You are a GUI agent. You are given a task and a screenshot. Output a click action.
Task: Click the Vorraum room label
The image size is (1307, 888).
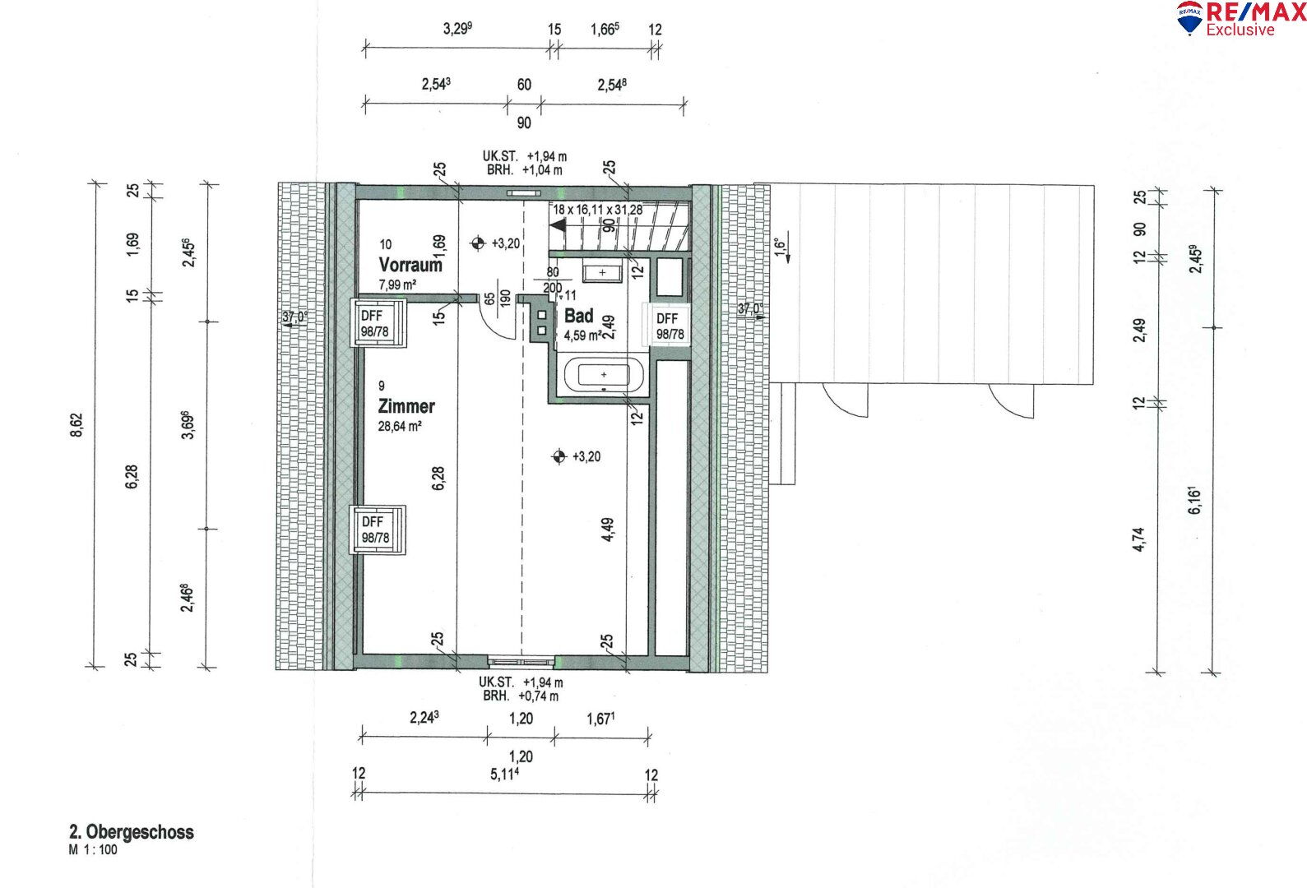click(410, 265)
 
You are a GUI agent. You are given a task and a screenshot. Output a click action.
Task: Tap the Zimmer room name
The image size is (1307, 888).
click(406, 406)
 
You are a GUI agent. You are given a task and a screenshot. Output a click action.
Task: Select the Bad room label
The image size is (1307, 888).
click(578, 316)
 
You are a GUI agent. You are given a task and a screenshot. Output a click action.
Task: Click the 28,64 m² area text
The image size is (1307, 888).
click(400, 427)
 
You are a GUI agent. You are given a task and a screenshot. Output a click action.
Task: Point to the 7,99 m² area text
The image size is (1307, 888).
click(397, 284)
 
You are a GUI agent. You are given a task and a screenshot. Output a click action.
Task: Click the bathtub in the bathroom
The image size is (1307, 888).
click(603, 375)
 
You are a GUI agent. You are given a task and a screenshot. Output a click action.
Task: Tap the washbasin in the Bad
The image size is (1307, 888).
click(601, 272)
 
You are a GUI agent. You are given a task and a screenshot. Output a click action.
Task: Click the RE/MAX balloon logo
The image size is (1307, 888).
click(1189, 17)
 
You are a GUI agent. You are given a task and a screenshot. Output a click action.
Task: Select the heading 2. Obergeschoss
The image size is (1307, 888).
click(132, 831)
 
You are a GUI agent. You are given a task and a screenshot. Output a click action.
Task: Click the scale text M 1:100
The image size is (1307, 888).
click(93, 849)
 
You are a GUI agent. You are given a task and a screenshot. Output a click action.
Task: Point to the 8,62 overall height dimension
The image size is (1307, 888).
click(76, 425)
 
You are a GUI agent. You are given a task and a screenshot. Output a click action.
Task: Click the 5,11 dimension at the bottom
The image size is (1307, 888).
click(505, 774)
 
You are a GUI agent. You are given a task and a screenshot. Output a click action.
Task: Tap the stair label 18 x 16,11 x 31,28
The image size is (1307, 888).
click(597, 210)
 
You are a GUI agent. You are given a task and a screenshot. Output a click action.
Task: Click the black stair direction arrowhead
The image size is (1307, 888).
click(558, 225)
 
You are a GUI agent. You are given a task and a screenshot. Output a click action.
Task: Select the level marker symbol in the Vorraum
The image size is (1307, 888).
click(478, 243)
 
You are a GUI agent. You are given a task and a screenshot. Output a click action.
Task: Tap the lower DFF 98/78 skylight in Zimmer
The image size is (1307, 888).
click(378, 530)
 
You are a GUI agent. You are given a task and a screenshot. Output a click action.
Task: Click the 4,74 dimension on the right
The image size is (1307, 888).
click(1138, 539)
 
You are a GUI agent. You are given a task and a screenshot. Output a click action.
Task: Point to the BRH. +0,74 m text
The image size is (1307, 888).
click(521, 696)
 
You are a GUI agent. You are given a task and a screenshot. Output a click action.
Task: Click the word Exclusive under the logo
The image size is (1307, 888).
click(1240, 30)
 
